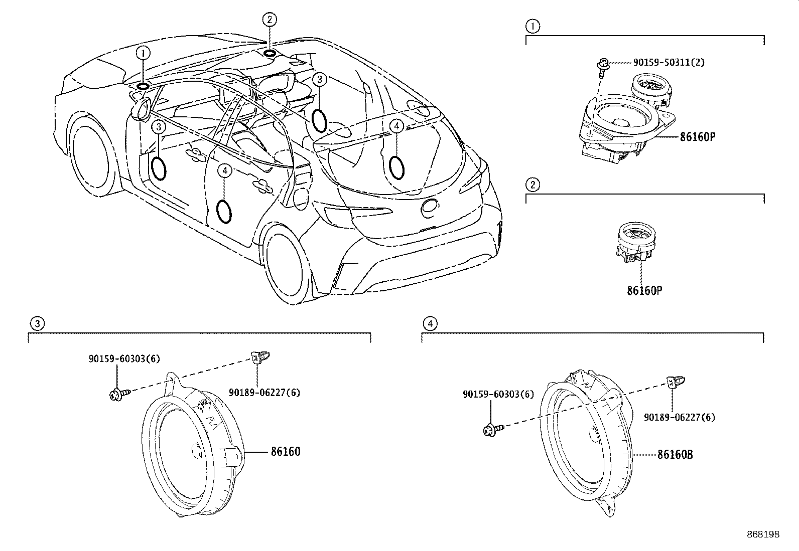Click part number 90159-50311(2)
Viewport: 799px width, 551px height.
point(669,63)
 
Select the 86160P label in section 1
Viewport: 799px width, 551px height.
point(697,136)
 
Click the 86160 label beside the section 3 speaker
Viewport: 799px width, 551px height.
point(286,452)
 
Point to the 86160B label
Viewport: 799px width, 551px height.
point(675,455)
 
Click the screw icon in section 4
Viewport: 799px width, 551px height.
point(490,429)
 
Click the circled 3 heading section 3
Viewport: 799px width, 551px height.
point(36,323)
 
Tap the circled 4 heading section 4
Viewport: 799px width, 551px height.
point(429,323)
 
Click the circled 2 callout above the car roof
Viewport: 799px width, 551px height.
point(270,20)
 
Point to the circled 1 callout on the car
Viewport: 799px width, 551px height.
point(144,52)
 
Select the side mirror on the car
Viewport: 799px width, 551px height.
point(142,109)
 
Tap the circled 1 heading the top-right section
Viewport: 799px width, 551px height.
point(532,26)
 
